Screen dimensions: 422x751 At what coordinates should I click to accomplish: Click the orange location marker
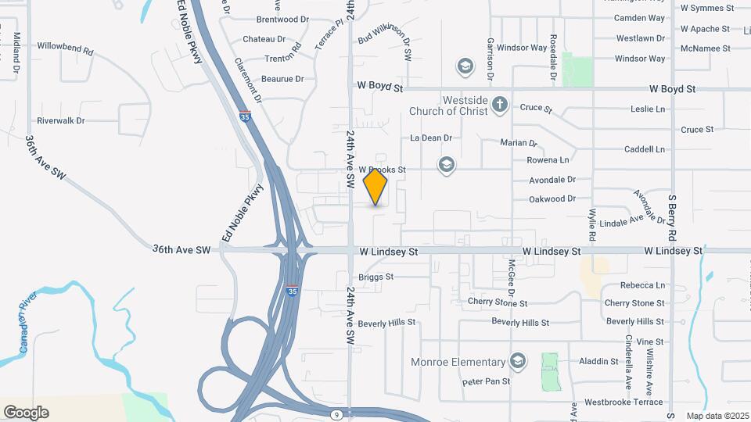point(375,188)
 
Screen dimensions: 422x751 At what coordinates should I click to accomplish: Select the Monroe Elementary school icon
point(516,361)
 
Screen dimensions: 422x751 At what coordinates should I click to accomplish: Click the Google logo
point(26,412)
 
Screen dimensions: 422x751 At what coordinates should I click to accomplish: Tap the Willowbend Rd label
point(65,48)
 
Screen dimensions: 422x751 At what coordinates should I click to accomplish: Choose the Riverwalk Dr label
point(60,121)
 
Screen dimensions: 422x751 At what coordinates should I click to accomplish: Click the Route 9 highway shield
point(335,413)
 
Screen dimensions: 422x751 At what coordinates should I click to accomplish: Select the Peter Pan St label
point(486,381)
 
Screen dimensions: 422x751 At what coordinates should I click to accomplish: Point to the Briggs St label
point(375,277)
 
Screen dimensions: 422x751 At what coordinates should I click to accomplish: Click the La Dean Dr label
point(431,138)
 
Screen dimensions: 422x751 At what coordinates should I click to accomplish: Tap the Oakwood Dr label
point(552,199)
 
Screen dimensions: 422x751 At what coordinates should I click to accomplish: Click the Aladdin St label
point(598,361)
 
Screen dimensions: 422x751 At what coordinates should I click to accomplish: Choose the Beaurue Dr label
point(282,79)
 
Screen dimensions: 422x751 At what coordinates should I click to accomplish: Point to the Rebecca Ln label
point(642,285)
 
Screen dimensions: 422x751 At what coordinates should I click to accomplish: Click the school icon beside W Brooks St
point(446,164)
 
